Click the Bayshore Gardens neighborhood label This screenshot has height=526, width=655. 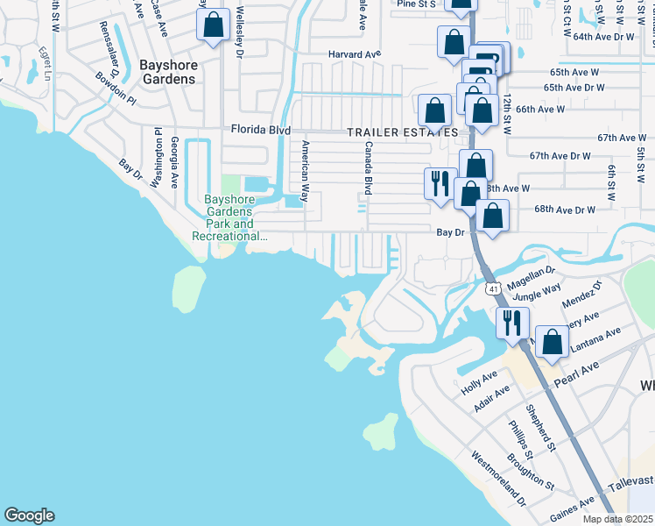pyautogui.click(x=168, y=72)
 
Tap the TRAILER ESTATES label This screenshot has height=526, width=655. pyautogui.click(x=401, y=132)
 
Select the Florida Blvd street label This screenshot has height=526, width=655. pyautogui.click(x=260, y=130)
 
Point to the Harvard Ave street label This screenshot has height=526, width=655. pyautogui.click(x=355, y=54)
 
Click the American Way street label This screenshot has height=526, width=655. pyautogui.click(x=306, y=171)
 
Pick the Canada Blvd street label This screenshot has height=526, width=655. pyautogui.click(x=369, y=168)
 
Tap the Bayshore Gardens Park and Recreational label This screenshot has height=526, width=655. pyautogui.click(x=229, y=217)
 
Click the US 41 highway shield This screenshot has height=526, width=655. pyautogui.click(x=493, y=288)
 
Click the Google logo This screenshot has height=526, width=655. pyautogui.click(x=29, y=515)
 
